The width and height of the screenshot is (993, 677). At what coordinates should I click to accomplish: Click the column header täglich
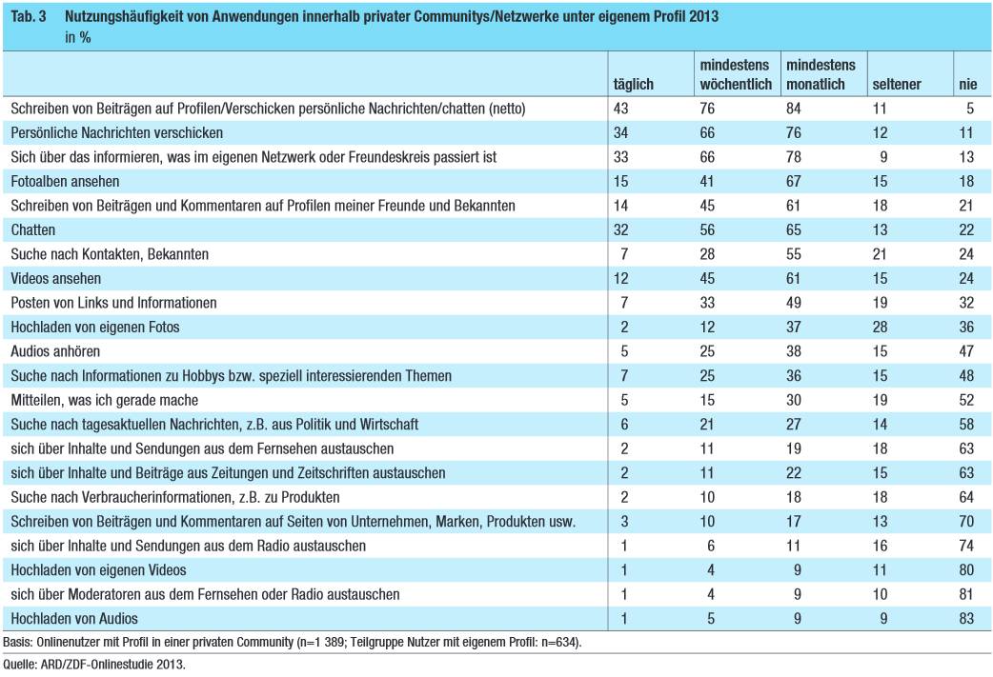click(634, 84)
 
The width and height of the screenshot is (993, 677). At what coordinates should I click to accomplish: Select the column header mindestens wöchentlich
click(736, 74)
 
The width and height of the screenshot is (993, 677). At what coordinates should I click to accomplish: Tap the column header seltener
click(897, 84)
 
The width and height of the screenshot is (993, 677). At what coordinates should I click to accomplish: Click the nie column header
click(967, 84)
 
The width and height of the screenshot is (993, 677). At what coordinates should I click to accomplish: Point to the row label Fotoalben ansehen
click(65, 182)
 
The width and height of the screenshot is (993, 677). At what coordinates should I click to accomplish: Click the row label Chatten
click(33, 229)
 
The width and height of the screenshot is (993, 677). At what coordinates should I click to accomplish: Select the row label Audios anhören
click(55, 351)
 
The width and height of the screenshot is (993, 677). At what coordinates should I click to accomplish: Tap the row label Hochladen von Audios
click(74, 618)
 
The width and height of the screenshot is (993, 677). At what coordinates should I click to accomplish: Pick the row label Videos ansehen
click(55, 278)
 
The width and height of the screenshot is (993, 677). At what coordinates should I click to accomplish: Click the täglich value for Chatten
click(620, 229)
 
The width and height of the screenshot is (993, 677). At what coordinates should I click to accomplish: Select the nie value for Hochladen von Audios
click(966, 618)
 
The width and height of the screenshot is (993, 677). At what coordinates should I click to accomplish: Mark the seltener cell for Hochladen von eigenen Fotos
click(880, 328)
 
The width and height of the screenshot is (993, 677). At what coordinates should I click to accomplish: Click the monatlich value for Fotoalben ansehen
click(794, 182)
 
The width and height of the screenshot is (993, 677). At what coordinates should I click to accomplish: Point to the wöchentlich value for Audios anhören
click(707, 351)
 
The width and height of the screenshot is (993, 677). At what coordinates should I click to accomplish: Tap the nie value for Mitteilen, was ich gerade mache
click(966, 400)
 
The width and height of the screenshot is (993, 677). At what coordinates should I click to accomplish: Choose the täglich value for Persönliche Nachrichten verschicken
click(620, 133)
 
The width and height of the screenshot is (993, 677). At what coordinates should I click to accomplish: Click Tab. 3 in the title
click(29, 16)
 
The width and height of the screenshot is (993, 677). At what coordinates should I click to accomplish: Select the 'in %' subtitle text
click(78, 37)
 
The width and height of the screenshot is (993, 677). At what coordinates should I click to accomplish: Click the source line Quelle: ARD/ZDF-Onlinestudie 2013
click(94, 665)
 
